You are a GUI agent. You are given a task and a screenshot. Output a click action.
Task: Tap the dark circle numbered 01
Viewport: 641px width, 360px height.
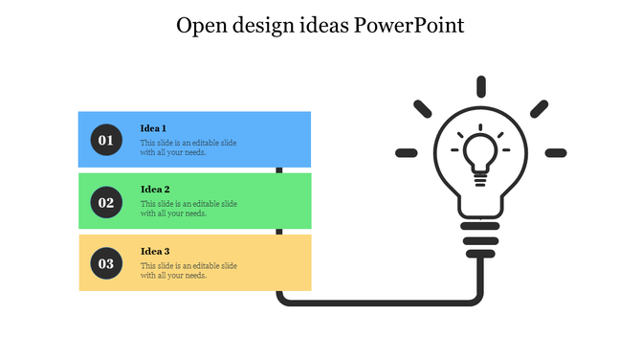click(x=105, y=141)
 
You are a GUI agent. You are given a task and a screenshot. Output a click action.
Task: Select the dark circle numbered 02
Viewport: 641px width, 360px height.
click(x=105, y=202)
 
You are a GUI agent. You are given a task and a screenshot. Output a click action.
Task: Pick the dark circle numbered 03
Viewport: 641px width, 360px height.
click(x=105, y=263)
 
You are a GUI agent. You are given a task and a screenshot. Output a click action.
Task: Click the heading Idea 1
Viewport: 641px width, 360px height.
click(x=154, y=128)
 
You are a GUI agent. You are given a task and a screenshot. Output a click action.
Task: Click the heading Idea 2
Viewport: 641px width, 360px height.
click(x=155, y=190)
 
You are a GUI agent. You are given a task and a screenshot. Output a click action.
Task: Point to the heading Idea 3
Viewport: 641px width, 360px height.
click(x=155, y=251)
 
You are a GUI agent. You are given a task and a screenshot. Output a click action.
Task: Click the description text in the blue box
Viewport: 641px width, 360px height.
click(x=188, y=147)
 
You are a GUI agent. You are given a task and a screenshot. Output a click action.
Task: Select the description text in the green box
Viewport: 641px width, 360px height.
click(x=188, y=209)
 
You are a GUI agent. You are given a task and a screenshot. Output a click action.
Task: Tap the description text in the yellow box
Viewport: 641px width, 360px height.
click(x=188, y=270)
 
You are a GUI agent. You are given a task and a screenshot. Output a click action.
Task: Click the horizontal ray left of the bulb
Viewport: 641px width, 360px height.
click(x=407, y=152)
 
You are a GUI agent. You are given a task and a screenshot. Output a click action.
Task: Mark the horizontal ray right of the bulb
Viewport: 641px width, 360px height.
click(x=555, y=152)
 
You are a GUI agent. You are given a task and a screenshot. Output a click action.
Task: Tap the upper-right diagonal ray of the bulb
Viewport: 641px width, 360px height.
click(x=539, y=108)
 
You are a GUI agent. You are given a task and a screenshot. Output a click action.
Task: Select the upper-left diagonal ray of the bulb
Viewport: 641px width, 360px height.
click(x=422, y=108)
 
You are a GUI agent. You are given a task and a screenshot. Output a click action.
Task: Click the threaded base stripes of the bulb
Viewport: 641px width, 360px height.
click(x=480, y=233)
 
